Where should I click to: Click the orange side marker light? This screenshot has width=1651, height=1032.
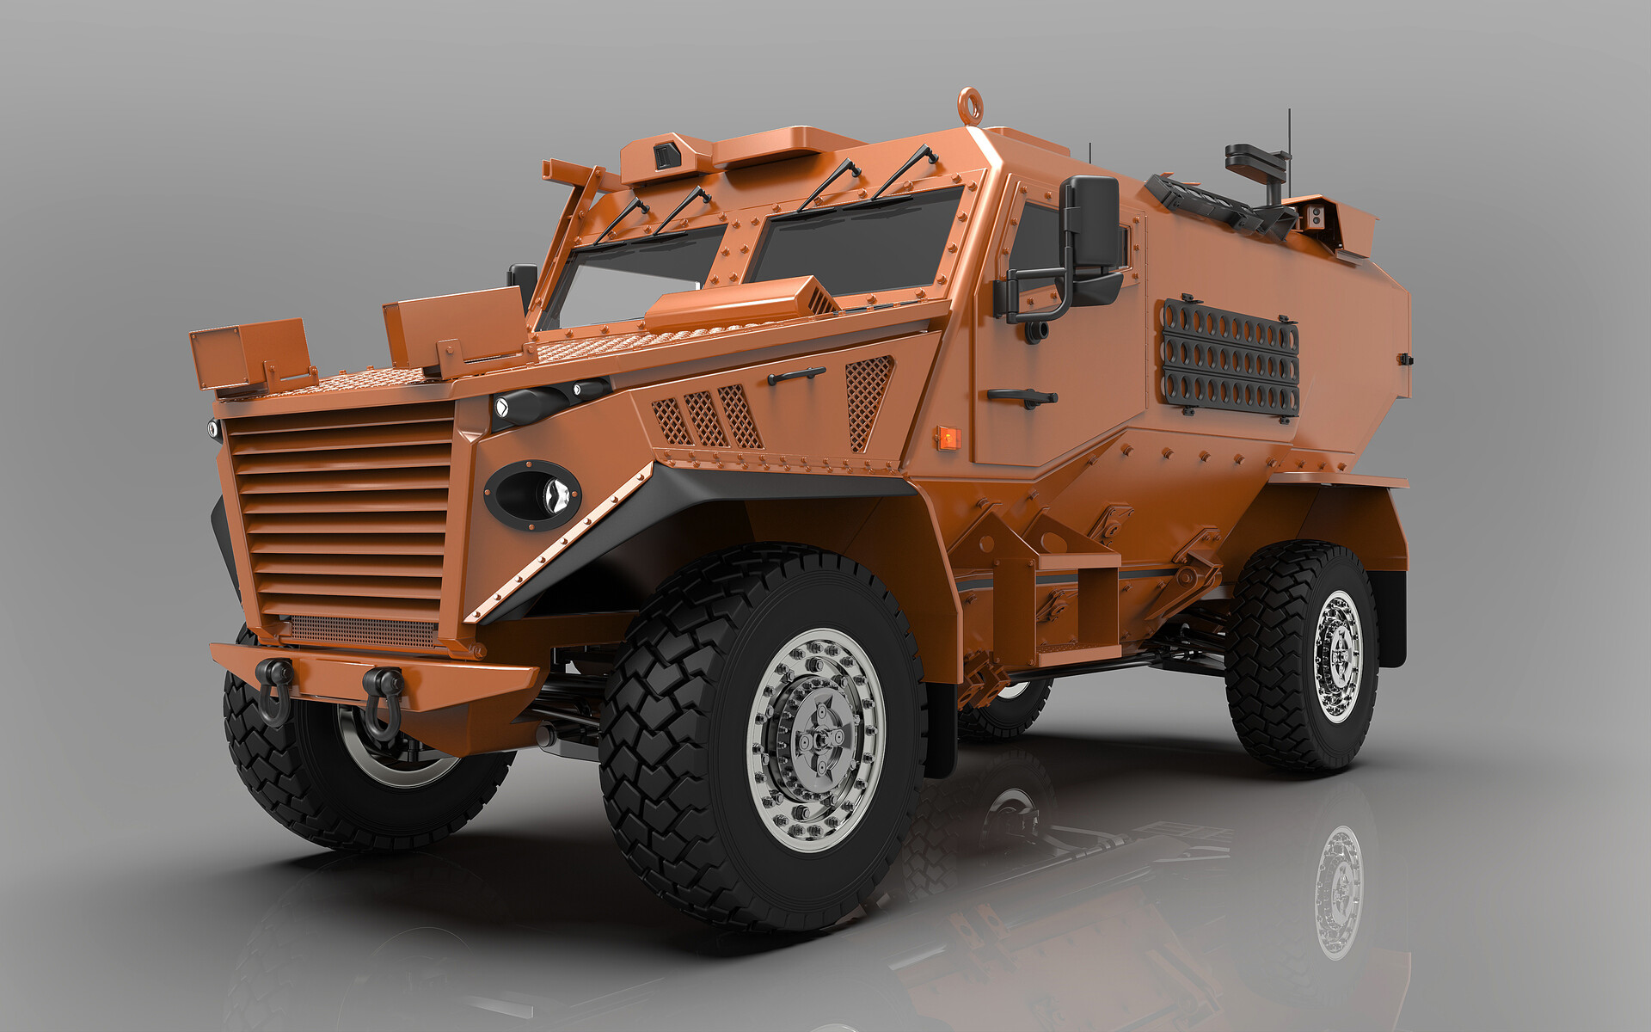[x=947, y=437]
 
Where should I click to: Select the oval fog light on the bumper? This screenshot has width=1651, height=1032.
[x=532, y=494]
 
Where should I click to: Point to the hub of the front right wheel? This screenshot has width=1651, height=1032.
[x=816, y=740]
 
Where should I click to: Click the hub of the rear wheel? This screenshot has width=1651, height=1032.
[x=1338, y=657]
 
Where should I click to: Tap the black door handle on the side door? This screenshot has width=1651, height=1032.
[x=1022, y=396]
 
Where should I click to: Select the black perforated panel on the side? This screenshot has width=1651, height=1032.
[x=1231, y=359]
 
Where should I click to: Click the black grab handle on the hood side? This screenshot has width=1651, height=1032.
[x=795, y=375]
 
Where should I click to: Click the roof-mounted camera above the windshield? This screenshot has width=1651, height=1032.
[x=666, y=156]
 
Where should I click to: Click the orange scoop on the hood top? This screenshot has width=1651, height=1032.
[x=740, y=305]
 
